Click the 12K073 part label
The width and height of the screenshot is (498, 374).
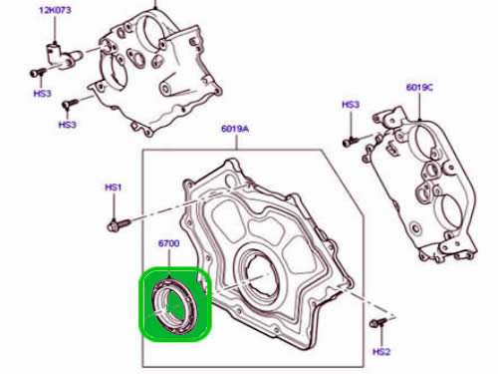click(x=55, y=10)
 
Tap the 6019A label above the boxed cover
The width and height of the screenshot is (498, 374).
click(x=235, y=129)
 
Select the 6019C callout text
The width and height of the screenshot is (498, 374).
click(x=419, y=88)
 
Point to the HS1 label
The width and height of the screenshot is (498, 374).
click(x=114, y=187)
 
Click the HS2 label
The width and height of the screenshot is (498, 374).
click(x=381, y=352)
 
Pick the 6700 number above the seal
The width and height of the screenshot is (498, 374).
click(x=169, y=243)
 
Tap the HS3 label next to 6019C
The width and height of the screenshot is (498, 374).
click(x=351, y=105)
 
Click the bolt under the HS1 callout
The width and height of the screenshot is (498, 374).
click(x=119, y=224)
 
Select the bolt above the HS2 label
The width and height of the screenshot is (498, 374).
click(x=378, y=322)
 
